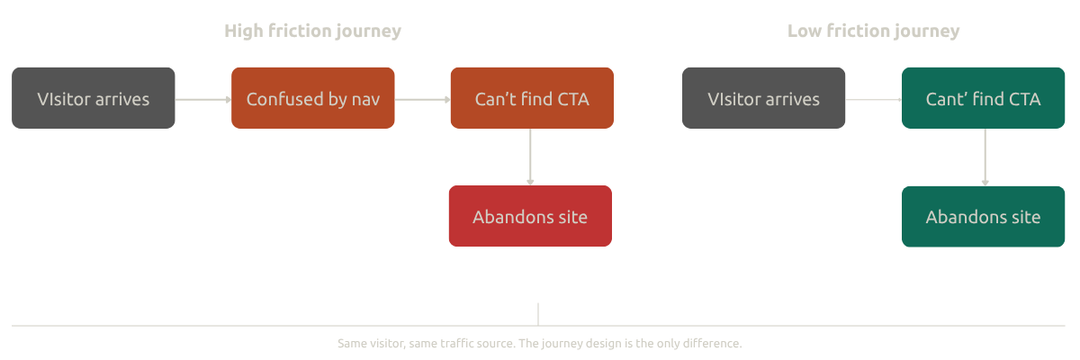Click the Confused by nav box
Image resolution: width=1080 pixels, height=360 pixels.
[312, 98]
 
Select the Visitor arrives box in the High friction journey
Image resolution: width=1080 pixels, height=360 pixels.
[94, 98]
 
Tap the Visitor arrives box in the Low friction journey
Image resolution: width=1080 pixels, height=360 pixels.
[763, 98]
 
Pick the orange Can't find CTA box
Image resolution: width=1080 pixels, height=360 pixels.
[531, 98]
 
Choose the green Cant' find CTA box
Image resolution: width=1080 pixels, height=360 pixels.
[983, 98]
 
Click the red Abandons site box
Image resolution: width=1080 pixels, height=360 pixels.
[530, 216]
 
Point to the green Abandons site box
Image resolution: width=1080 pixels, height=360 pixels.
[983, 216]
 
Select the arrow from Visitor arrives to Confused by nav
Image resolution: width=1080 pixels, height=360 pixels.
[203, 99]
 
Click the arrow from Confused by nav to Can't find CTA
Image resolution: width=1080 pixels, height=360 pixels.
[422, 99]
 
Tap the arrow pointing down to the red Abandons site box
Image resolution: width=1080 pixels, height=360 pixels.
[530, 157]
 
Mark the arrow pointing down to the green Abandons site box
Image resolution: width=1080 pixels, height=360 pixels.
[985, 157]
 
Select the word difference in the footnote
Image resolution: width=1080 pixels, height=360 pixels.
[714, 344]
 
